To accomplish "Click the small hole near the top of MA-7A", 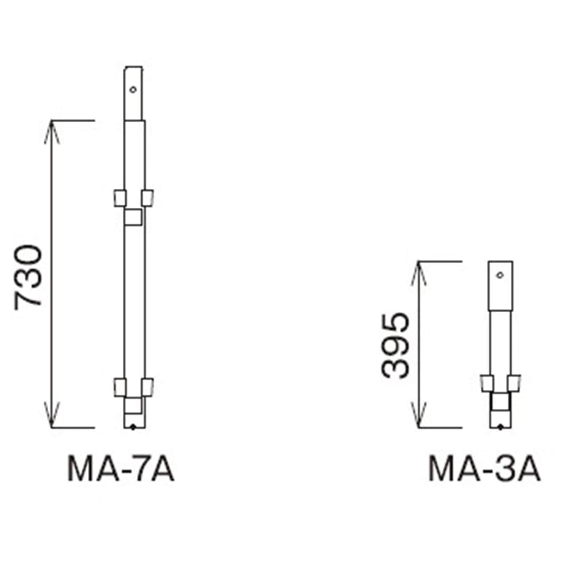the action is coord(133,89).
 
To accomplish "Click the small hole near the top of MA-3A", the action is coord(500,275).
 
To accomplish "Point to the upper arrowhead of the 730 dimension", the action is coord(52,132).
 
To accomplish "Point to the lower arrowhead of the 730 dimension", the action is coord(52,415).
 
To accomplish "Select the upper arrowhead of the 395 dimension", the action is coord(419,273).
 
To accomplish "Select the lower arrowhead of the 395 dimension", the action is coord(419,415).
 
